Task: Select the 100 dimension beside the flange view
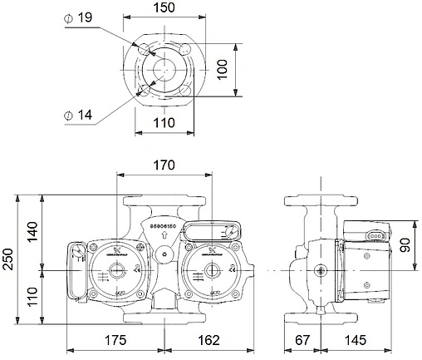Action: (x=223, y=68)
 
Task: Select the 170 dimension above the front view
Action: (x=163, y=165)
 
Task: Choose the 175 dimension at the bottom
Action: (x=116, y=340)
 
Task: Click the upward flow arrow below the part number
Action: (x=164, y=236)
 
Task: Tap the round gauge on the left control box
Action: (x=76, y=254)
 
